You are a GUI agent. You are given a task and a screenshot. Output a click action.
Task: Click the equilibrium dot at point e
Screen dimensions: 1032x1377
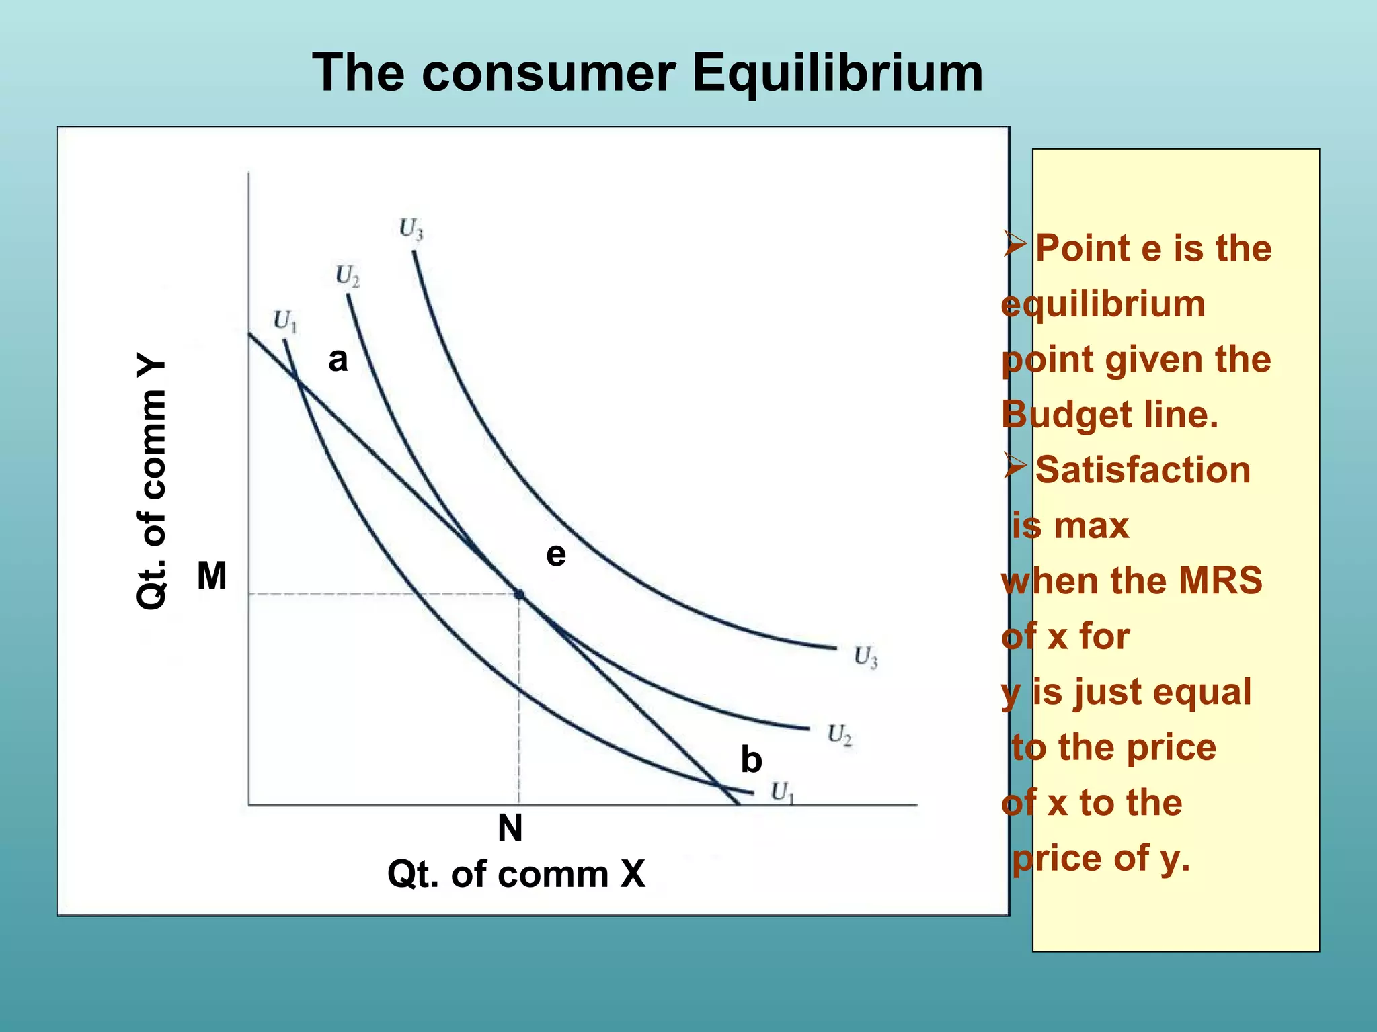(519, 595)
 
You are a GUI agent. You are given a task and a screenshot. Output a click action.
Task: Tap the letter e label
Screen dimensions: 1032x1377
(556, 555)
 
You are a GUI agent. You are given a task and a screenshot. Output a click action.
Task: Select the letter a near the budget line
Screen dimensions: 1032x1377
(338, 360)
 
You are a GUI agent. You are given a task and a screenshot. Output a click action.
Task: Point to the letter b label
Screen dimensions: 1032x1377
(751, 760)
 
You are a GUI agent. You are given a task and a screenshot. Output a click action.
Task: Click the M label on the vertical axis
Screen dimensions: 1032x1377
(212, 576)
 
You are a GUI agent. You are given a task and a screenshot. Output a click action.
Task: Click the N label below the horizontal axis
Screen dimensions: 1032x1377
(510, 828)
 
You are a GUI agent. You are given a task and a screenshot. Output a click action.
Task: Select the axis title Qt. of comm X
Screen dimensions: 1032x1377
(516, 874)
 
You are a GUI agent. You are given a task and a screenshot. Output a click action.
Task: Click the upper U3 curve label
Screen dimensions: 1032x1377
(411, 229)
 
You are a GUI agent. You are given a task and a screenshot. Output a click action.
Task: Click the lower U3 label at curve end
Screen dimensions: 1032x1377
(865, 656)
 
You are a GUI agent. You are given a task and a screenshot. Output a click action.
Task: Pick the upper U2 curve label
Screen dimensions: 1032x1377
(348, 275)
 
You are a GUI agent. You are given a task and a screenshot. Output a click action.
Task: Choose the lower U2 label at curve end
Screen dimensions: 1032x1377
(840, 734)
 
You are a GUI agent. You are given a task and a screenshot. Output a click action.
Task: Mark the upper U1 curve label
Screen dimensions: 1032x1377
(285, 321)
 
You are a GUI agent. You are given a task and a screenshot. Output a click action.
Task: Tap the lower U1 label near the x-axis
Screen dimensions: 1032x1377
(782, 793)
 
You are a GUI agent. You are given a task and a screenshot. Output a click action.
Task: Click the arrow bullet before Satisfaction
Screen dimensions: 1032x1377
(1015, 466)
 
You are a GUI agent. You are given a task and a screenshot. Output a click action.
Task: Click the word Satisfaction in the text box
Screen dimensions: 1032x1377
(1142, 470)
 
